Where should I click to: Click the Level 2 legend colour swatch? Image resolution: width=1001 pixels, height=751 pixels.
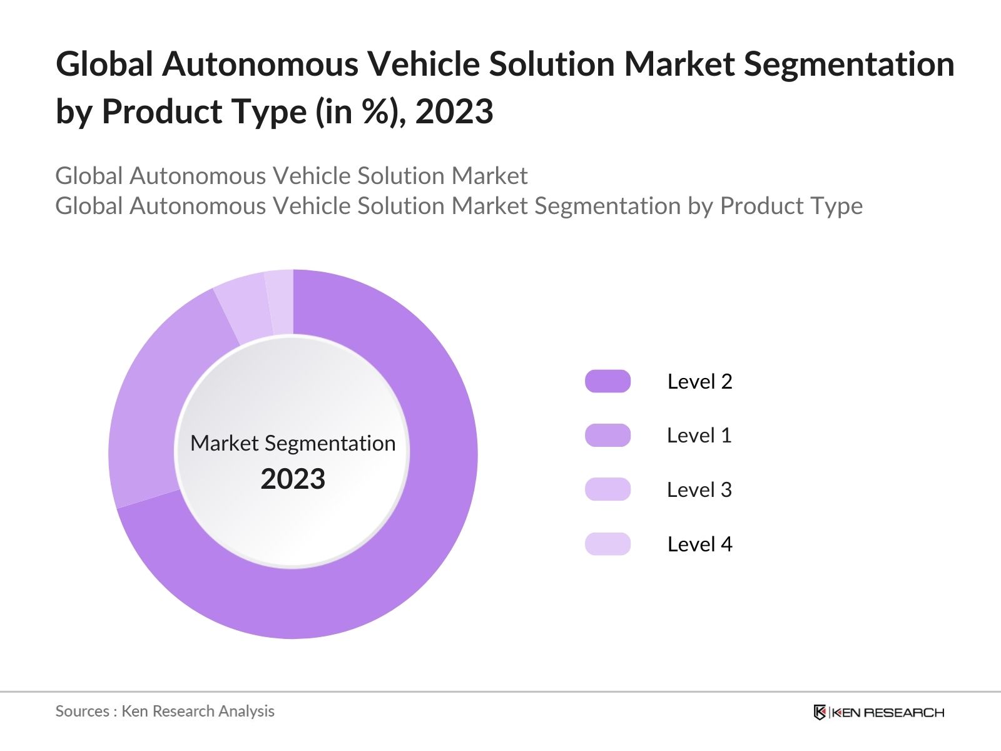tap(607, 381)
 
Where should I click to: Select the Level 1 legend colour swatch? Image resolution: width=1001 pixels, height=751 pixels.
tap(607, 436)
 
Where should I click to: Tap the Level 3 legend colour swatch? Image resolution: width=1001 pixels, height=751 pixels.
tap(607, 489)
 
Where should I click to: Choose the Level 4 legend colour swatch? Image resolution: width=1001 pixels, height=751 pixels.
tap(607, 544)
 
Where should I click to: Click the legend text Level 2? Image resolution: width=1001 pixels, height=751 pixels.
tap(699, 381)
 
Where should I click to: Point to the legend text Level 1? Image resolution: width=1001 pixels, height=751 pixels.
tap(699, 436)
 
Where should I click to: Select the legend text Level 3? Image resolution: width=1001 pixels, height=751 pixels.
tap(699, 489)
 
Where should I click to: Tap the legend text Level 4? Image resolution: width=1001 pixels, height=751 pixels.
tap(699, 544)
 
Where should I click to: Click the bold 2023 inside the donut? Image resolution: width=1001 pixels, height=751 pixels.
tap(293, 479)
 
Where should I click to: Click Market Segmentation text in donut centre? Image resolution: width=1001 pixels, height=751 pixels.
tap(293, 443)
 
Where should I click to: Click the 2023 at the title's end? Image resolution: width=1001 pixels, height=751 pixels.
tap(454, 112)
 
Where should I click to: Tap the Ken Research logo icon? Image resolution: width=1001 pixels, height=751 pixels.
tap(820, 712)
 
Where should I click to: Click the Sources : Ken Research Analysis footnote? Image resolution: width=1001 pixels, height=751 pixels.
tap(165, 711)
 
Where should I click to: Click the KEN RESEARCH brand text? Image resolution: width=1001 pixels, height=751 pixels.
tap(888, 712)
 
